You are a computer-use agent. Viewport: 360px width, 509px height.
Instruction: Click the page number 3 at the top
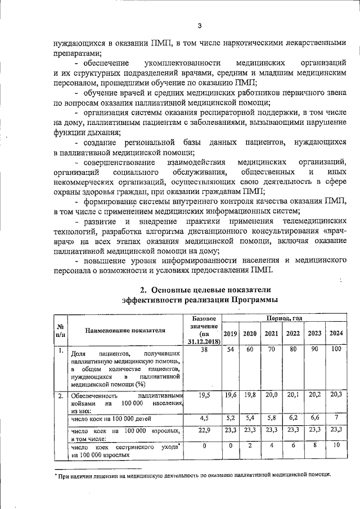(x=199, y=25)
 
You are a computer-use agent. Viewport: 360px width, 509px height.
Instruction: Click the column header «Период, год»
(x=284, y=318)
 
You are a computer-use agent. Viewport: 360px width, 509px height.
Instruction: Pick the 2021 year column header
(x=271, y=334)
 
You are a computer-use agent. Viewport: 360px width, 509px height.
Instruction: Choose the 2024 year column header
(x=336, y=334)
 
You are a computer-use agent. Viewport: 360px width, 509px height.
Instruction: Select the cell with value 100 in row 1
(x=336, y=350)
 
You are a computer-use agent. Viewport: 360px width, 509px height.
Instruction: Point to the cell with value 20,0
(x=271, y=395)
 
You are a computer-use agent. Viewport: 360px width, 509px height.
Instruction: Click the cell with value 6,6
(x=314, y=418)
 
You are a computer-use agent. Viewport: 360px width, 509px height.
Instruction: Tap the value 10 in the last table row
(x=336, y=445)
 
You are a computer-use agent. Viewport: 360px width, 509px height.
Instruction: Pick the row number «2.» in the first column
(x=60, y=397)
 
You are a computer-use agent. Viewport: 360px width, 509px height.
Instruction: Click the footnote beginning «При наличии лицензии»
(x=194, y=474)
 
